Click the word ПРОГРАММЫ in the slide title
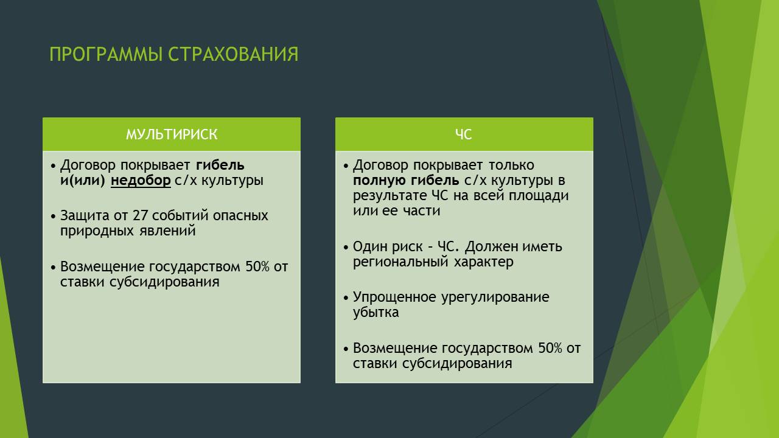point(106,54)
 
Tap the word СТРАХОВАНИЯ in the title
point(233,54)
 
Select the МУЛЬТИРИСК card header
point(172,134)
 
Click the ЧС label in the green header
point(464,134)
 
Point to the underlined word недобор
point(141,181)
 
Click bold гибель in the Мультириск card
point(220,165)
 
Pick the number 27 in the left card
point(140,215)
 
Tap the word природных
point(97,231)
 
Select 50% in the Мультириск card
point(257,266)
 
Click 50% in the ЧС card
point(550,348)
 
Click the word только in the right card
point(511,165)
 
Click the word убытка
point(376,312)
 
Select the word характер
point(484,262)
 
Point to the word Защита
point(85,216)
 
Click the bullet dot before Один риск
point(346,248)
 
